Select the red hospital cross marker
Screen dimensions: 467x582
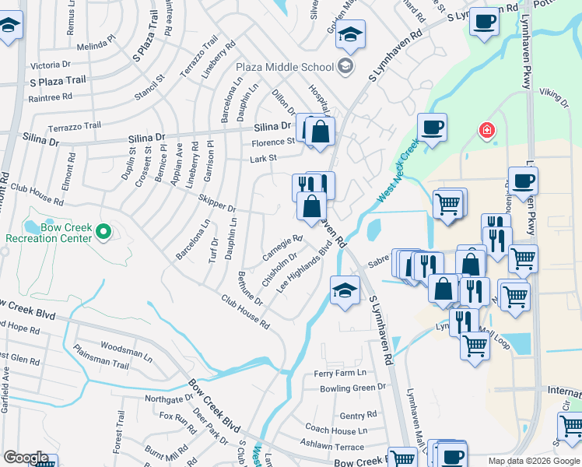(487, 130)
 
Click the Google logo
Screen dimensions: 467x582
(26, 458)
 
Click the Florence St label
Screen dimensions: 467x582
(272, 142)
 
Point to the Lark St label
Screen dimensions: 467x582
(263, 159)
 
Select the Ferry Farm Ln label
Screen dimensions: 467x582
(339, 374)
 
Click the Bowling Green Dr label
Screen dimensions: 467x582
(353, 388)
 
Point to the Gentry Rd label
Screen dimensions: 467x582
(357, 416)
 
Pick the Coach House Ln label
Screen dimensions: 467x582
(336, 430)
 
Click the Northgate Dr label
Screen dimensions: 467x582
(169, 399)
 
